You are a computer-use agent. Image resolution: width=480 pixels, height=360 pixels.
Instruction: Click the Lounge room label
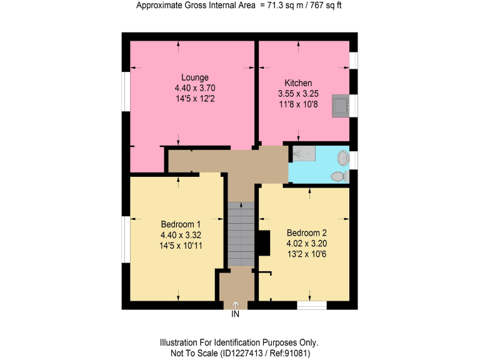(x=195, y=77)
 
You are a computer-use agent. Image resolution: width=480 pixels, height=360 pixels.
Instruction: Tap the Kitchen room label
(x=298, y=83)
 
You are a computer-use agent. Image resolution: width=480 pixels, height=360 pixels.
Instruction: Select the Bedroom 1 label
(x=181, y=224)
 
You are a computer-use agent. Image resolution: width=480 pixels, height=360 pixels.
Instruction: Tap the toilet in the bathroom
(x=339, y=177)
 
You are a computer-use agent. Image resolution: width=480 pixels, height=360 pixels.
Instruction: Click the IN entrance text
(x=236, y=314)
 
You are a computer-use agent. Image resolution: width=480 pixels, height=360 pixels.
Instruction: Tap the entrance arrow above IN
(x=236, y=304)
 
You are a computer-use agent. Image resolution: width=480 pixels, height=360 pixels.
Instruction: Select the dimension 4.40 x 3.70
(x=195, y=88)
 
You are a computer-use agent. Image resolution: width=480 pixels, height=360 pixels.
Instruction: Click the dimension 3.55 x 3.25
(x=298, y=94)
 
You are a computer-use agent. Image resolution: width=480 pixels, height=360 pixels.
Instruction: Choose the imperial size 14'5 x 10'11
(x=181, y=246)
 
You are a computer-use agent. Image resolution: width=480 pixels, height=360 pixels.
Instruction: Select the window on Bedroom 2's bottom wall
(x=312, y=305)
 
